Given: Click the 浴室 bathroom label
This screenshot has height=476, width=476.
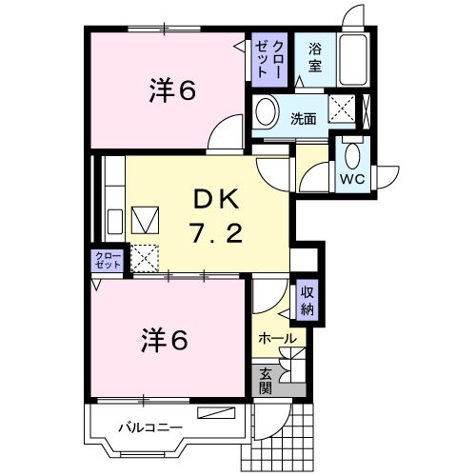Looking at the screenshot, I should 313,58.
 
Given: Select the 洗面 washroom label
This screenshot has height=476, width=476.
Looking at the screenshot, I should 304,118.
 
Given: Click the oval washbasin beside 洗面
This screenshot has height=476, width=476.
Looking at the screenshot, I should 266,110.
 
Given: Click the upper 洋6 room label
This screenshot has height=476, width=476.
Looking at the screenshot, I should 170,90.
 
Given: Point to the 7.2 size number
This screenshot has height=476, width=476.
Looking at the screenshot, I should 221,233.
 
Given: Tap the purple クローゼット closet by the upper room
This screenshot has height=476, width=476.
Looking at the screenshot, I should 268,59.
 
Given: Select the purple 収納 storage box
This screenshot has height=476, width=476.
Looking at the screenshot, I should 307,302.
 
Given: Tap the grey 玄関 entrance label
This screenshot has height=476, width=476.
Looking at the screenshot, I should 266,381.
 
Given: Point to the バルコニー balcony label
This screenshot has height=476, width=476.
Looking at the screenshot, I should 149,426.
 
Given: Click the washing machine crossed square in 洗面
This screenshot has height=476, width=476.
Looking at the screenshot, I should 342,110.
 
